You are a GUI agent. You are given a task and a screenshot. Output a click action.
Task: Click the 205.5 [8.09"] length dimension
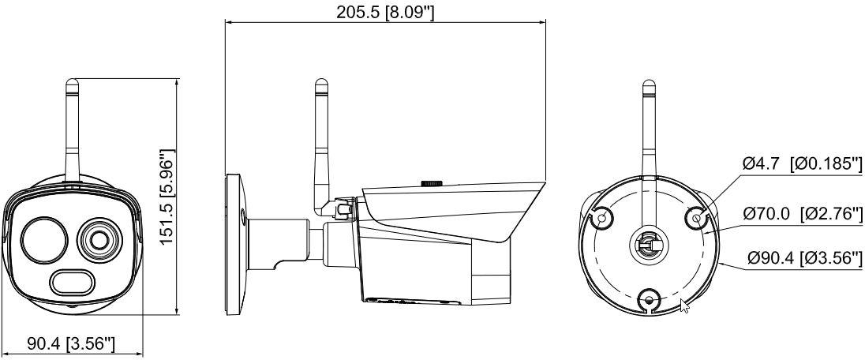click(x=386, y=12)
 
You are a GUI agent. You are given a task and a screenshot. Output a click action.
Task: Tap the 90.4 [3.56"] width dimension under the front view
click(x=72, y=344)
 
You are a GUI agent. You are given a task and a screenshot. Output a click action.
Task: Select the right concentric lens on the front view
click(x=99, y=238)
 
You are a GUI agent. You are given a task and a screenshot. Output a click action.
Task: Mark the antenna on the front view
click(x=72, y=126)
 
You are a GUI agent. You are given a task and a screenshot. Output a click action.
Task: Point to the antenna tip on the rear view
click(x=649, y=85)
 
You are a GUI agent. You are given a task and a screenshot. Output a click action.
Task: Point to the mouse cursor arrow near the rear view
click(x=684, y=306)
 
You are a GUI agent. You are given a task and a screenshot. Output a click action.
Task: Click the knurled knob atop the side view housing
click(x=431, y=182)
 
